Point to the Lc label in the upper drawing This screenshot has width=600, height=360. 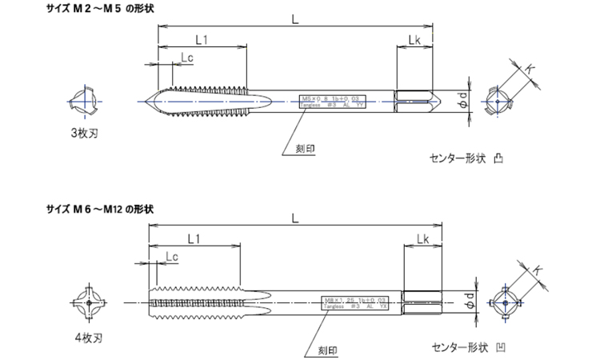tap(186, 58)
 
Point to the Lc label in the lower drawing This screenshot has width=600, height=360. tap(170, 256)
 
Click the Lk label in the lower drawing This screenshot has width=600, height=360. tap(422, 239)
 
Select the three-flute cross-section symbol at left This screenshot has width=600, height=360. tap(83, 102)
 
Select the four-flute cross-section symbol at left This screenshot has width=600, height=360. tap(86, 303)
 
